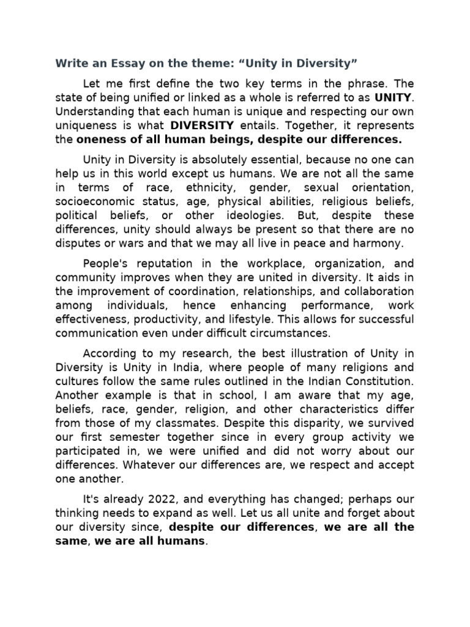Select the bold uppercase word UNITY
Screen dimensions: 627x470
[394, 97]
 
